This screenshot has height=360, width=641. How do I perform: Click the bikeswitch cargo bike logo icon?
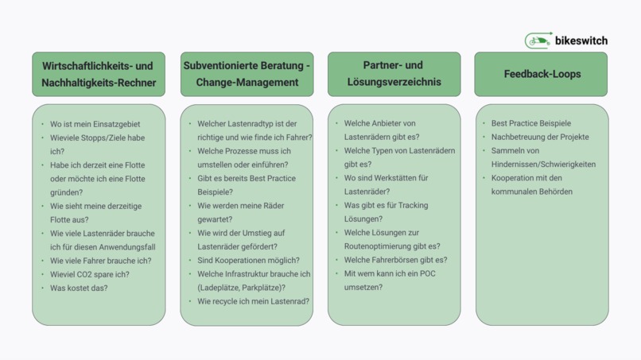(538, 41)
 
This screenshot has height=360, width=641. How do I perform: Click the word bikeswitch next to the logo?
(581, 41)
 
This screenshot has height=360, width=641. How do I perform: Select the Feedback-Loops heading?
(542, 74)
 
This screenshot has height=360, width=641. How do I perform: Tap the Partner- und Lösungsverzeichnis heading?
(394, 74)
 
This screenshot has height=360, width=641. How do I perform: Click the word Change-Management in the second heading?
(247, 82)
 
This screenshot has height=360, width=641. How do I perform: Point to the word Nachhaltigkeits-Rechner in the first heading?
(99, 83)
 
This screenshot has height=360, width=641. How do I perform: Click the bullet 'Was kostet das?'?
(79, 288)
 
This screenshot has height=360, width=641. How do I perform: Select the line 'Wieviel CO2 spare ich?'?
(90, 274)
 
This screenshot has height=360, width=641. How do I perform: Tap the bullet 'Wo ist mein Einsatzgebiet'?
(95, 124)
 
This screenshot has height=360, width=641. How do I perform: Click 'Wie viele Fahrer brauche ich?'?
(100, 261)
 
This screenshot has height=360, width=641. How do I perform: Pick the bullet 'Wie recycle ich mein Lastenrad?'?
(254, 301)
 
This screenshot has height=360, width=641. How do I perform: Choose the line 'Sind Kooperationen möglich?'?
(249, 261)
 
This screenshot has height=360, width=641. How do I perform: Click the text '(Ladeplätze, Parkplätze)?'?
(241, 288)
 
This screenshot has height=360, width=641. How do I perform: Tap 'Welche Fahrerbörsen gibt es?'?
(396, 260)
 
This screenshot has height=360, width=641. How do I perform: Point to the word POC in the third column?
(428, 274)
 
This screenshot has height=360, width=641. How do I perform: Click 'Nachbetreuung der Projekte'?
(540, 137)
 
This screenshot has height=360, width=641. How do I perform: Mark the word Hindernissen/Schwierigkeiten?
(543, 165)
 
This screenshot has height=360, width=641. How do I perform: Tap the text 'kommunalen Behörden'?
(532, 192)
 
